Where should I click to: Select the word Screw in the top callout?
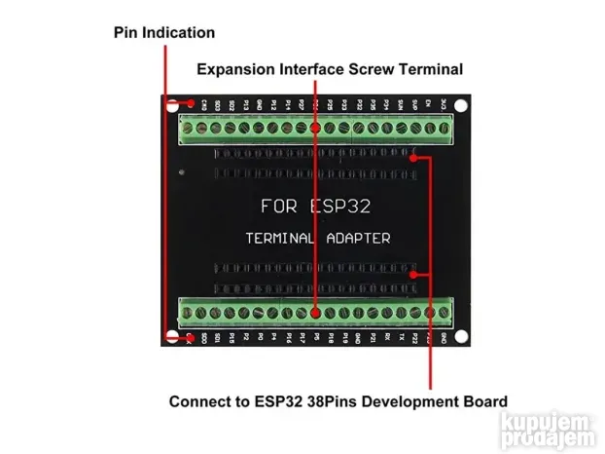pos(372,70)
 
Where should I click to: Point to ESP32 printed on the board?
pos(339,208)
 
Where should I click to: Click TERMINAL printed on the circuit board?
pos(280,238)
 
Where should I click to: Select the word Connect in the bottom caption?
pos(198,401)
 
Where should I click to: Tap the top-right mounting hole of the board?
pos(461,104)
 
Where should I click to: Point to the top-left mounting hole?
pos(173,104)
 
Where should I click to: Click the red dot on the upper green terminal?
pos(316,128)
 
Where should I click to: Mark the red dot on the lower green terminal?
pos(316,313)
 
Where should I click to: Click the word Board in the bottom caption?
pos(482,401)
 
